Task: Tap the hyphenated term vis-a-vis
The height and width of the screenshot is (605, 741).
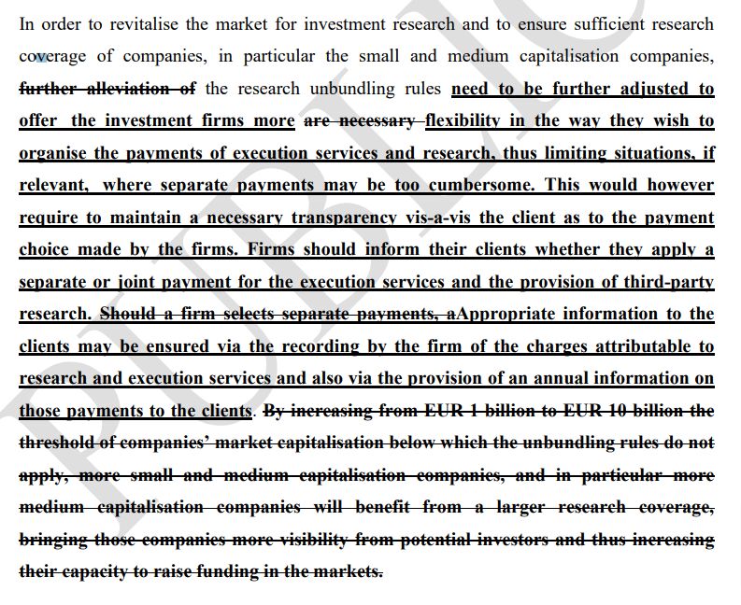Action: click(439, 218)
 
